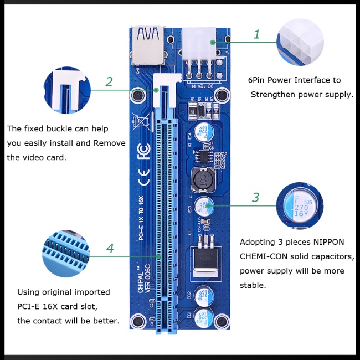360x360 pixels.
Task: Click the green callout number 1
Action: click(x=256, y=34)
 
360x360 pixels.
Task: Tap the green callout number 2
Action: click(x=109, y=82)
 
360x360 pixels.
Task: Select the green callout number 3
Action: click(x=255, y=198)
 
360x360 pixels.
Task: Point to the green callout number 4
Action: click(x=110, y=248)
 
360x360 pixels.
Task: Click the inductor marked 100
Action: click(x=202, y=180)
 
